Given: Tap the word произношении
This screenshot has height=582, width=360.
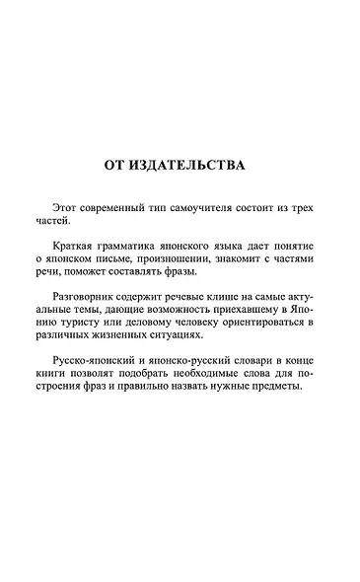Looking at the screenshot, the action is pos(160,257).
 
